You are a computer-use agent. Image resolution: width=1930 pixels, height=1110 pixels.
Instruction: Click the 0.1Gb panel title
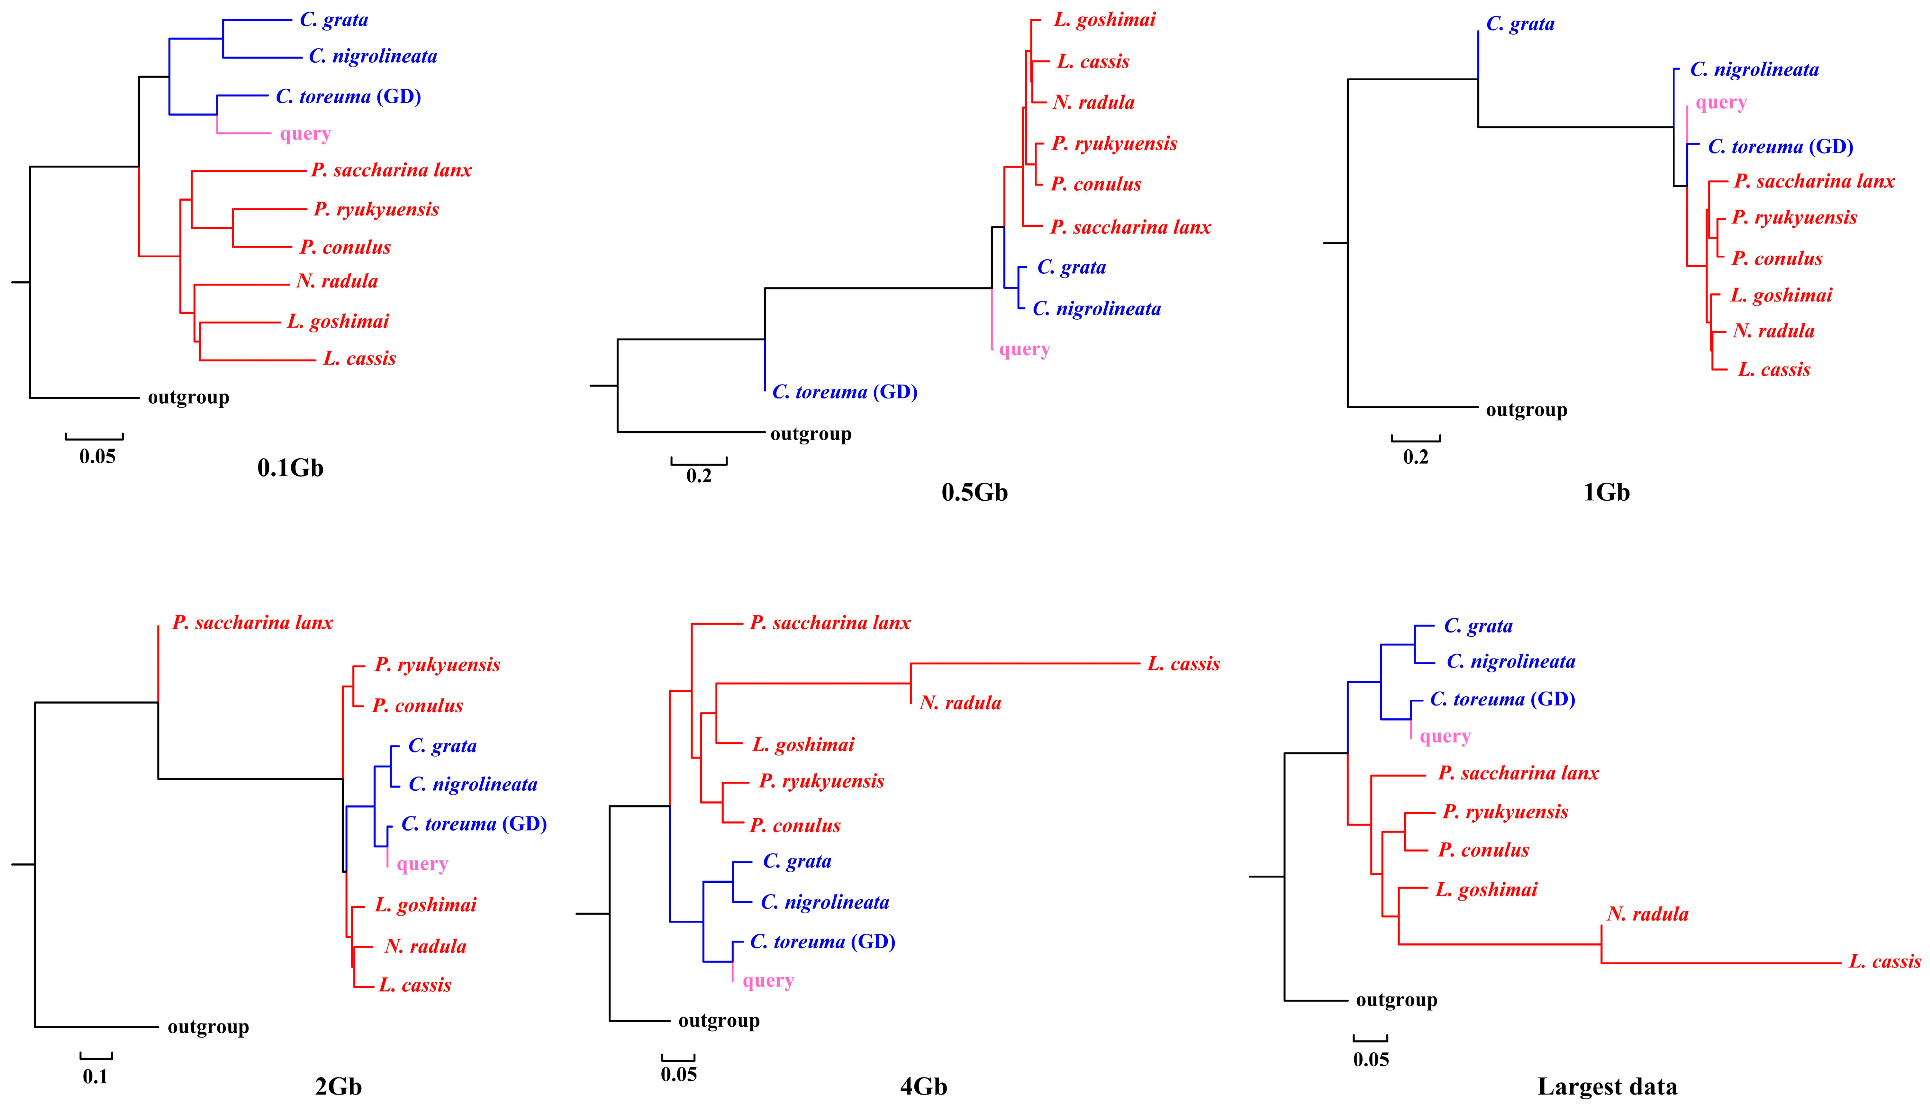tap(290, 467)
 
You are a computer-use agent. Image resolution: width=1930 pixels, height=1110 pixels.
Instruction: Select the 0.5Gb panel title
tap(974, 493)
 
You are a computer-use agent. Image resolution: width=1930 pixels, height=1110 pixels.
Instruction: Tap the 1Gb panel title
tap(1606, 493)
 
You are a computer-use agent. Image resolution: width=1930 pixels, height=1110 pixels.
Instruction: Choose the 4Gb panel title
tap(923, 1086)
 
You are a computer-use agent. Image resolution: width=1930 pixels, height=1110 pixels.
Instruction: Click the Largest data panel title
tap(1607, 1086)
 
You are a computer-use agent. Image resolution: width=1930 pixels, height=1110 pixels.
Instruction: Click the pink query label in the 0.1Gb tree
tap(305, 134)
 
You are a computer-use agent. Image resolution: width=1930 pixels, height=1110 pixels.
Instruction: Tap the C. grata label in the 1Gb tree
tap(1520, 24)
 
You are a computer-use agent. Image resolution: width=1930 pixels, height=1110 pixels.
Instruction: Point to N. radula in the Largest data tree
tap(1647, 914)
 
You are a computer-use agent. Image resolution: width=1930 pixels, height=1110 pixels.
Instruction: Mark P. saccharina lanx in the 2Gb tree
tap(252, 623)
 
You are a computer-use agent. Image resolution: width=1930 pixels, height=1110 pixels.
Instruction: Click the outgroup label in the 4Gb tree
tap(719, 1021)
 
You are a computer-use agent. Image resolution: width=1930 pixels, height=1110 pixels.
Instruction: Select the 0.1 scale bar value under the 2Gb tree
tap(95, 1077)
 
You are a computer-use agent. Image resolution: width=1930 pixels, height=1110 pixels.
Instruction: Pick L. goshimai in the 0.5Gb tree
tap(1104, 20)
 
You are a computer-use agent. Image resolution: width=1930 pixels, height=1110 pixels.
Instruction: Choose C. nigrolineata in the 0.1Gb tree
tap(373, 56)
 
